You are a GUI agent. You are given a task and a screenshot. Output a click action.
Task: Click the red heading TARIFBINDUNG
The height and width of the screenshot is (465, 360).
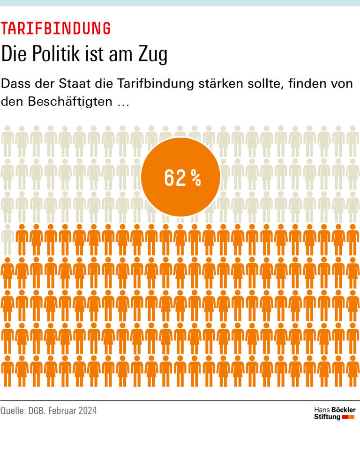point(56,29)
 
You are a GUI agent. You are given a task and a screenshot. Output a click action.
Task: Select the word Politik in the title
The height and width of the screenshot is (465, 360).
point(56,55)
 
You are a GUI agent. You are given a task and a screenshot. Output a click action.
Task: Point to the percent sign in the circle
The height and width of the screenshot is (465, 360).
point(195,178)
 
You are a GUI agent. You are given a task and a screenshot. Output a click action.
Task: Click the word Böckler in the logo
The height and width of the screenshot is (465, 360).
point(344,410)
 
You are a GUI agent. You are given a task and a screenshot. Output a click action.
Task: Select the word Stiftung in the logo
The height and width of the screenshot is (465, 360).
point(327,417)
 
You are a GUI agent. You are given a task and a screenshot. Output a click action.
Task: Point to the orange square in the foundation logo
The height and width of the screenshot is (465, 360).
point(352,417)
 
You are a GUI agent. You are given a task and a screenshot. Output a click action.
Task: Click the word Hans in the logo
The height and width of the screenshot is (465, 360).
point(321,410)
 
